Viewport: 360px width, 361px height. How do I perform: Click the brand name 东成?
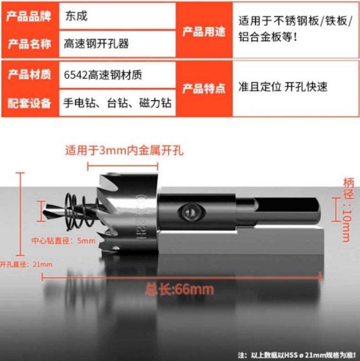click(x=77, y=16)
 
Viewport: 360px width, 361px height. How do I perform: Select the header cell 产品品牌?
click(x=29, y=16)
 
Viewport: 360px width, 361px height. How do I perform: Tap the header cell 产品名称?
click(x=29, y=44)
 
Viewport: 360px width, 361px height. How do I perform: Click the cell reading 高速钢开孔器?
click(x=96, y=43)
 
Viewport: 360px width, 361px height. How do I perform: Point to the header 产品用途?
click(x=204, y=31)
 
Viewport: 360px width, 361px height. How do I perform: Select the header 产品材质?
click(x=29, y=74)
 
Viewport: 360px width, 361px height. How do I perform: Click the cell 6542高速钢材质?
click(x=103, y=75)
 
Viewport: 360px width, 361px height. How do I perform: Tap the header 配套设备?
click(x=29, y=103)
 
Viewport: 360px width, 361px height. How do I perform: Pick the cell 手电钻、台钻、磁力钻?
click(x=118, y=103)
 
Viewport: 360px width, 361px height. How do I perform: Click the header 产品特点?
click(x=204, y=88)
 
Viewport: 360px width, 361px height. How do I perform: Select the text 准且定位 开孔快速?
click(x=283, y=87)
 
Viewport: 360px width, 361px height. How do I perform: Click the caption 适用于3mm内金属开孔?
click(x=124, y=150)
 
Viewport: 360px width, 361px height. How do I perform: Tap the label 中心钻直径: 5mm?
click(x=63, y=241)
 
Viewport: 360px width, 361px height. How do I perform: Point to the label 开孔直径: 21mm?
click(x=26, y=264)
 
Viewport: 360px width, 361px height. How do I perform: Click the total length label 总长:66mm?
click(x=179, y=289)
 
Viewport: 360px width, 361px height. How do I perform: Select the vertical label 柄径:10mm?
click(x=348, y=209)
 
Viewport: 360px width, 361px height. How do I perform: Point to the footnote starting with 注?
click(x=297, y=355)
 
